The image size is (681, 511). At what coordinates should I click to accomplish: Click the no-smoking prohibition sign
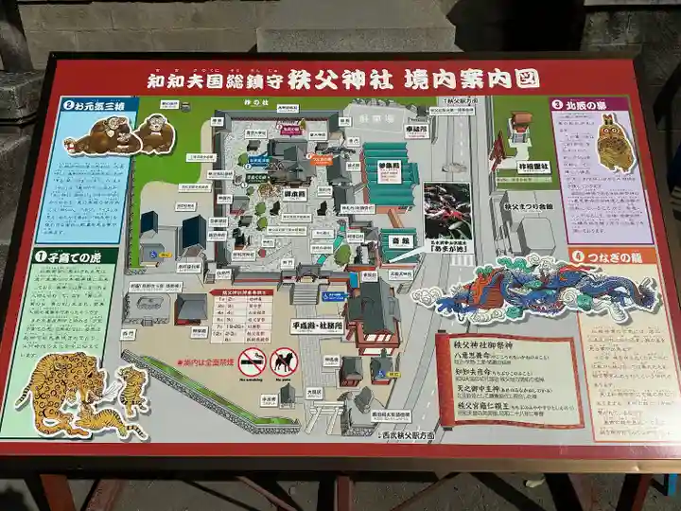click(253, 361)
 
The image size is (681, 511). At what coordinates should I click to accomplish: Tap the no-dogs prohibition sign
click(284, 361)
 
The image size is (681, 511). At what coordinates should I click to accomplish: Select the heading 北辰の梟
click(593, 105)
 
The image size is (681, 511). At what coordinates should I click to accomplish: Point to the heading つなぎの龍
click(609, 256)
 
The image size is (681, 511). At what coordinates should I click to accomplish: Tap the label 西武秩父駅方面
click(408, 436)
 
